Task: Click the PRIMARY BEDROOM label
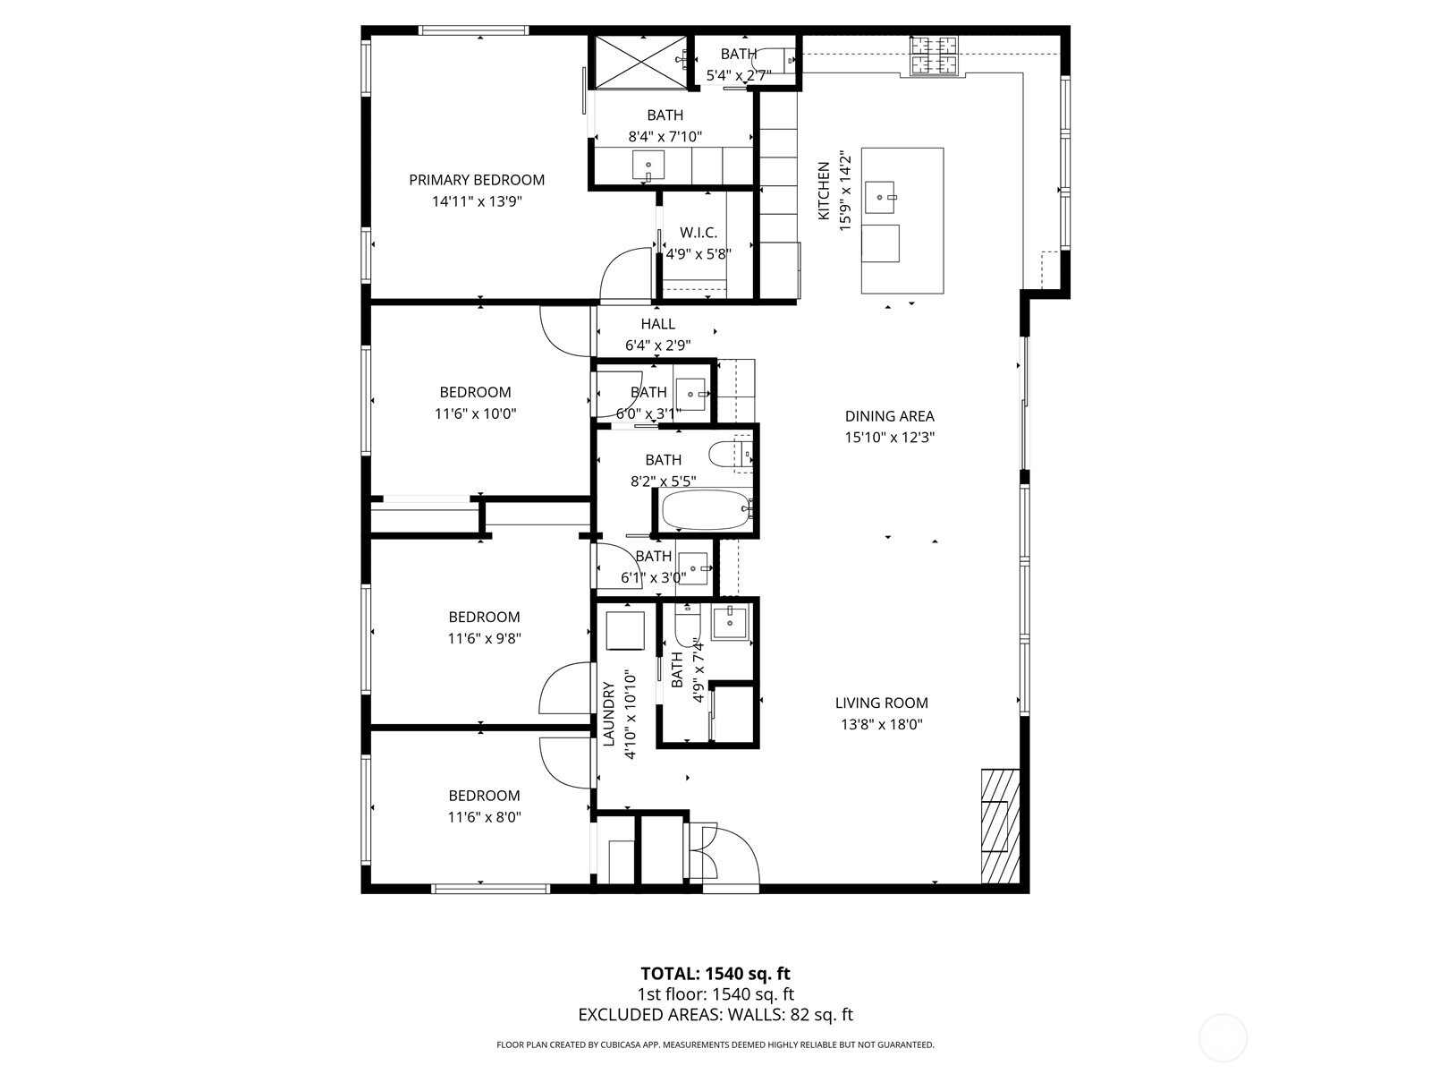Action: (477, 180)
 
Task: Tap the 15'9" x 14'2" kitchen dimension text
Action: (845, 192)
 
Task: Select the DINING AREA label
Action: (889, 416)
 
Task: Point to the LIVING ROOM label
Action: (881, 703)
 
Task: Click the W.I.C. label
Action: (699, 233)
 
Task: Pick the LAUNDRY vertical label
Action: (609, 713)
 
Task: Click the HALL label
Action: (657, 324)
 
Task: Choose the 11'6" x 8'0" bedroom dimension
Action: (485, 817)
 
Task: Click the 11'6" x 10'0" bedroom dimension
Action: (476, 413)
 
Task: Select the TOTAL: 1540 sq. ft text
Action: (715, 974)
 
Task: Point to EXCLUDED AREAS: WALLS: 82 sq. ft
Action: (715, 1015)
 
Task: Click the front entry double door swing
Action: (726, 855)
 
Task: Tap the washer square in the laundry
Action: (625, 630)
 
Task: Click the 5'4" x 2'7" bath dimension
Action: (739, 76)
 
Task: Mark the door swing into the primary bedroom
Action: (625, 275)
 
